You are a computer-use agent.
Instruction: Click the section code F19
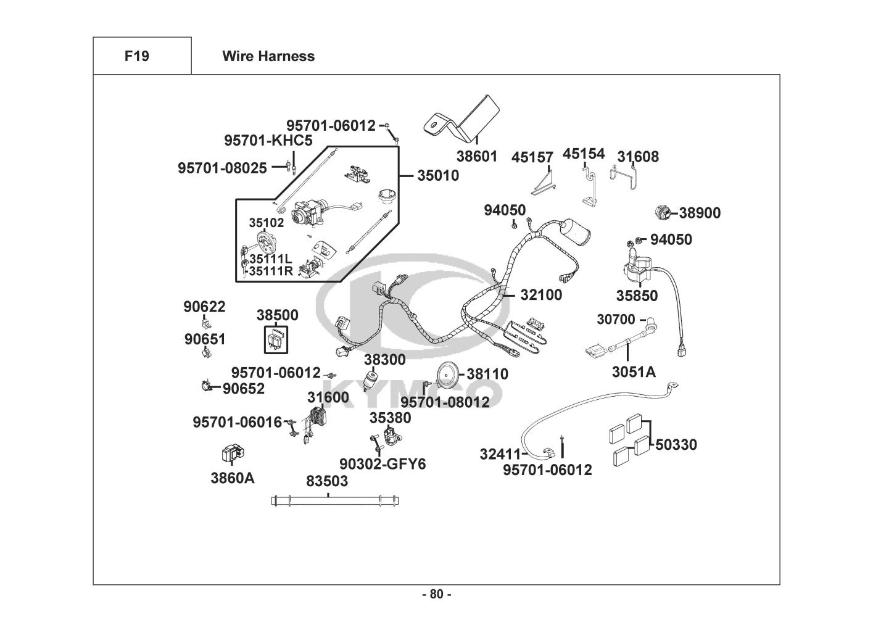click(136, 56)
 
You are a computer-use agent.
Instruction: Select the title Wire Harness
click(268, 56)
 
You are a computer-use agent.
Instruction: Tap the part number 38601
click(476, 156)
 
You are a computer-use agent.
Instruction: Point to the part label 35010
click(438, 176)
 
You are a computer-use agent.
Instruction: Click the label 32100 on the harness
click(541, 295)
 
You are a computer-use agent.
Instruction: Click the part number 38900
click(700, 213)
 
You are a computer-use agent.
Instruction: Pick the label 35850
click(637, 296)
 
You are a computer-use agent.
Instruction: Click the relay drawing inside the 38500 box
click(275, 339)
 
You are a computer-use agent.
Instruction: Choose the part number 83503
click(327, 481)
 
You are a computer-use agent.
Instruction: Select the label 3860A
click(232, 478)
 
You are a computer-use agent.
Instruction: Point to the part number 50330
click(676, 445)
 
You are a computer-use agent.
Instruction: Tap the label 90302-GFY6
click(383, 464)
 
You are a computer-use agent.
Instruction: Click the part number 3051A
click(634, 371)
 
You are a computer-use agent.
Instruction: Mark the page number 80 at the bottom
click(436, 595)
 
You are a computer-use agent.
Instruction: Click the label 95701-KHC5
click(268, 141)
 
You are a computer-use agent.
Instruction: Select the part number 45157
click(532, 157)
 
